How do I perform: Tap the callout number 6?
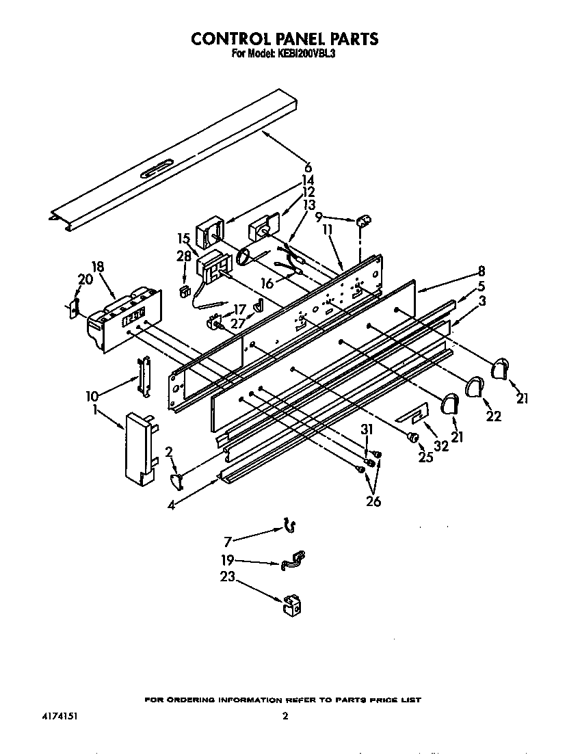pos(308,167)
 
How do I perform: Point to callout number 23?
pos(227,577)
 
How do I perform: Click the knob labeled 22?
pos(473,388)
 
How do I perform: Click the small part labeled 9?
pos(363,220)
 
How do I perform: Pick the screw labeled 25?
pos(412,436)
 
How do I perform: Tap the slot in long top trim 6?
pos(157,170)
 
